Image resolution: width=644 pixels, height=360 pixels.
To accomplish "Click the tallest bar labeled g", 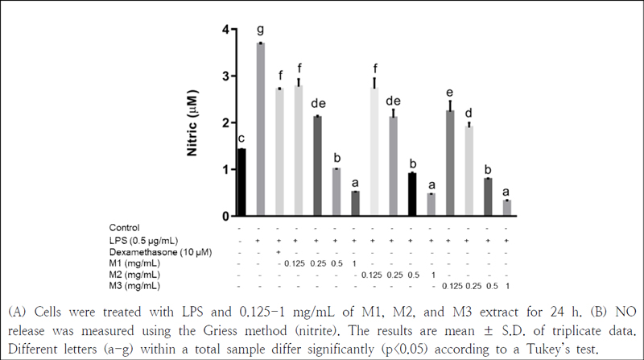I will tap(260, 129).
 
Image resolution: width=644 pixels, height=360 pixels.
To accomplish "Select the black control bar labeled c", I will tap(242, 182).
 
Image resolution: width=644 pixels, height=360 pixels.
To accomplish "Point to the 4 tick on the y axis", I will tap(225, 30).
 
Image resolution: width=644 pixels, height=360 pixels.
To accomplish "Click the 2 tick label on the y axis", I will tap(225, 123).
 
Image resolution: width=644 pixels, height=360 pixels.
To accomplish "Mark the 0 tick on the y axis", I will tap(225, 217).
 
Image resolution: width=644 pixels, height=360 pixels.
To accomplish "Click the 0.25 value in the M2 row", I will tap(394, 275).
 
